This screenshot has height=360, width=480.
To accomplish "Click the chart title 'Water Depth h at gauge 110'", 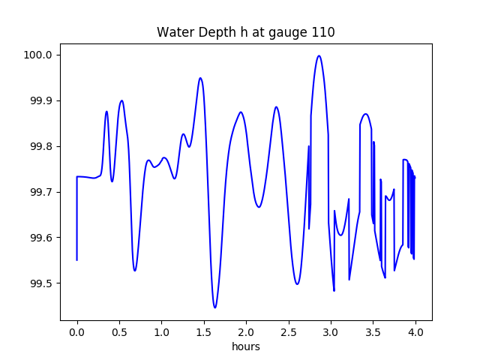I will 245,32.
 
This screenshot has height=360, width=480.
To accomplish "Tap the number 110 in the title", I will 324,32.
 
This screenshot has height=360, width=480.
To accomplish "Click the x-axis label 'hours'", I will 245,347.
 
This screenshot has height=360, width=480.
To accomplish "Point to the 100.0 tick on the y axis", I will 37,55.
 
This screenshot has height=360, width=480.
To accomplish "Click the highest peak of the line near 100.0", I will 319,55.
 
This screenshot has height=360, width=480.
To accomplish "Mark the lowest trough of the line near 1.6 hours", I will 214,307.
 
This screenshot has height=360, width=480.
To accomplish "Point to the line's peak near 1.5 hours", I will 200,78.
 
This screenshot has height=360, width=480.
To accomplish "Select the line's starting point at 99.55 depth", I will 77,260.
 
